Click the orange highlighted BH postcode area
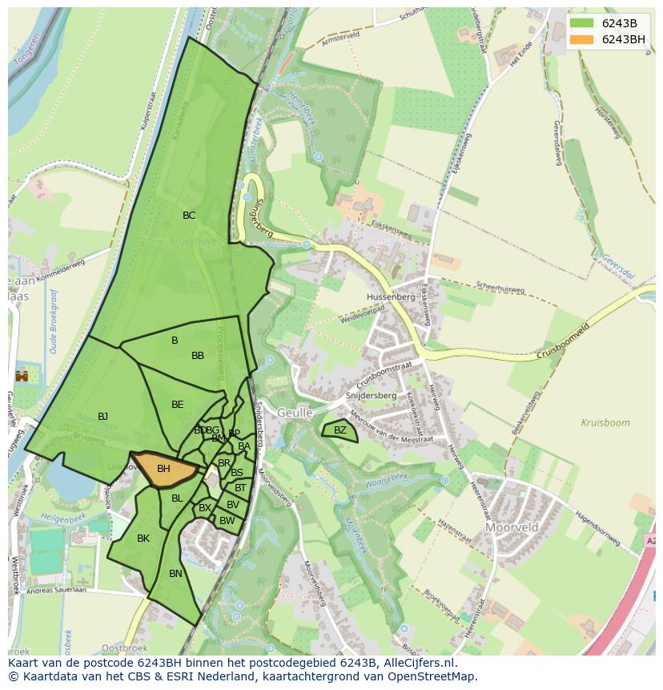(164, 469)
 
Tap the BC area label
(189, 216)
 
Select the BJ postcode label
(102, 417)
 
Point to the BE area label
(178, 405)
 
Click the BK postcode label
(143, 539)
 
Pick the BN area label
(175, 574)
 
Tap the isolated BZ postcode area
(340, 430)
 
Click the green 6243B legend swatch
(582, 22)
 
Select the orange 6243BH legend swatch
(582, 38)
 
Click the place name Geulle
(295, 413)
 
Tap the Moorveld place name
(512, 528)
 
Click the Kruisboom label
(605, 422)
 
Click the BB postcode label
(198, 356)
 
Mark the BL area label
(177, 498)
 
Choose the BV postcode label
(232, 505)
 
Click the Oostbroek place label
(126, 648)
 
